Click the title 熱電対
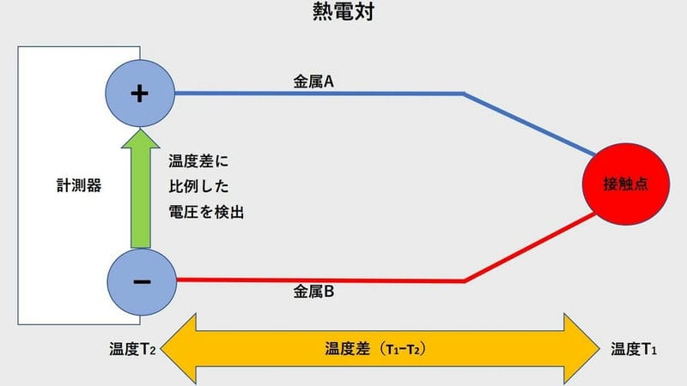click(343, 11)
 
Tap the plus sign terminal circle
click(140, 93)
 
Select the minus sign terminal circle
click(142, 282)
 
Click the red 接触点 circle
click(626, 184)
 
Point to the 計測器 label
click(79, 185)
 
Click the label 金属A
click(313, 81)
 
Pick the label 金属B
click(313, 292)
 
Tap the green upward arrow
click(141, 188)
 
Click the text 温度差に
click(198, 161)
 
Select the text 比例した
click(198, 186)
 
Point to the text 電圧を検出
click(206, 212)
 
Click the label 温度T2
click(132, 349)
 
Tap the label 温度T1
click(634, 349)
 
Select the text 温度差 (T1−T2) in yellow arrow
click(375, 349)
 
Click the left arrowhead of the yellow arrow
click(179, 349)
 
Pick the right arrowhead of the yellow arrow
click(582, 349)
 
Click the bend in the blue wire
click(464, 93)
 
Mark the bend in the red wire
click(465, 281)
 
